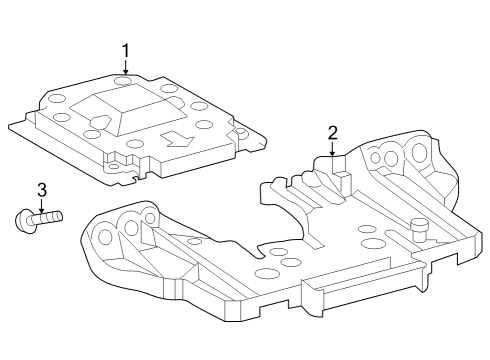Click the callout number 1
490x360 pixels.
coord(126,49)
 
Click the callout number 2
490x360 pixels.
coord(332,132)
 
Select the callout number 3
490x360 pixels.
coord(41,189)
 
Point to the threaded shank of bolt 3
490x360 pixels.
coord(47,215)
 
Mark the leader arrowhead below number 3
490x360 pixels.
coord(41,208)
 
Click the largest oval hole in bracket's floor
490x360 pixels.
coord(267,273)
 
